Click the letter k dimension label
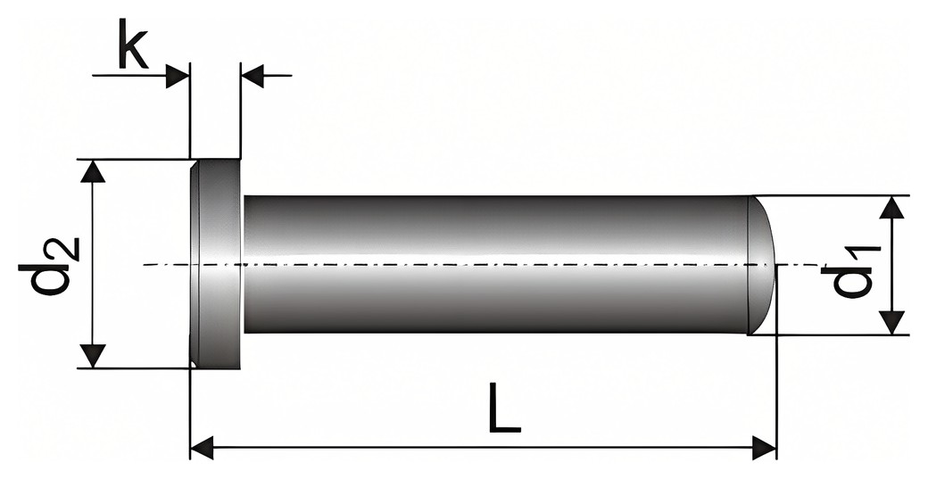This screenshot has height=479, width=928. click(x=133, y=44)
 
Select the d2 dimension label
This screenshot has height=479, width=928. click(x=49, y=266)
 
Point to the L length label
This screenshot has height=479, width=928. click(x=505, y=408)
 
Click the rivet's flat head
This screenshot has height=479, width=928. click(x=215, y=264)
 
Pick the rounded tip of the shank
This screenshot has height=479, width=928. click(x=762, y=264)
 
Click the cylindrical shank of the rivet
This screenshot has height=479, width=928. click(x=496, y=264)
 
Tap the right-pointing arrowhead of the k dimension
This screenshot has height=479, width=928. click(x=178, y=76)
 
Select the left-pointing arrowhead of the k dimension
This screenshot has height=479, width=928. click(x=253, y=76)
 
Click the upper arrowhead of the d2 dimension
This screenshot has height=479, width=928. click(x=92, y=171)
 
